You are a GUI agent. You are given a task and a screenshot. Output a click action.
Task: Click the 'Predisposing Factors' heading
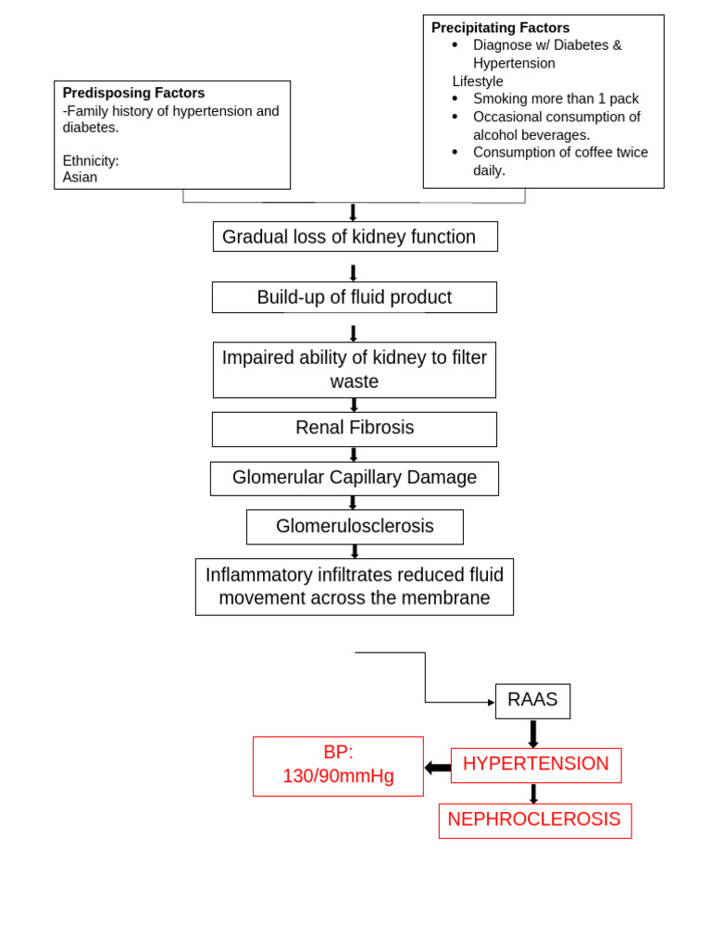click(x=133, y=94)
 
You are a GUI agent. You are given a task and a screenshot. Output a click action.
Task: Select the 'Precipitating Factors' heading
click(x=500, y=28)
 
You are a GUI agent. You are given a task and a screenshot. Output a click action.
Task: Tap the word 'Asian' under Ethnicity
click(x=80, y=177)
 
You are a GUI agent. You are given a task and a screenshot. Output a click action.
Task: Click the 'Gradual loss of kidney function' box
click(x=355, y=237)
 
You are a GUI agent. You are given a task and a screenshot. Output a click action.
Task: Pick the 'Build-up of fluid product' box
click(x=354, y=297)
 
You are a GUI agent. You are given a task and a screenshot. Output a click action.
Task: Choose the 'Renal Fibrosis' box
click(x=354, y=429)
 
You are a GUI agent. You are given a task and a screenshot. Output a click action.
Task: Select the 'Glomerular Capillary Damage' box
click(x=354, y=478)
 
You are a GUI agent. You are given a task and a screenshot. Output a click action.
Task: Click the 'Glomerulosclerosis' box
click(x=354, y=527)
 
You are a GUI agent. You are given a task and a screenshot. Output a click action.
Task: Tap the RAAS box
click(x=532, y=701)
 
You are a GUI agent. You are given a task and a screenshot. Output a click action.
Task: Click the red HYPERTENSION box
click(x=535, y=765)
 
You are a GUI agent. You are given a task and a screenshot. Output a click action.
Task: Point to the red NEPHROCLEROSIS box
click(x=534, y=820)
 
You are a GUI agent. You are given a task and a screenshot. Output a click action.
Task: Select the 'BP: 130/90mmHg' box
click(x=338, y=766)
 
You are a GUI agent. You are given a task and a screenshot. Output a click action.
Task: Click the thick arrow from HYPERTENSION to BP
click(x=438, y=767)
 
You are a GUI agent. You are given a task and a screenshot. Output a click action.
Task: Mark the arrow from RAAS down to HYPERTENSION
click(x=533, y=733)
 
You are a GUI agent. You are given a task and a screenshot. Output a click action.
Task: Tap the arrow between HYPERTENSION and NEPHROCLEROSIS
click(x=533, y=793)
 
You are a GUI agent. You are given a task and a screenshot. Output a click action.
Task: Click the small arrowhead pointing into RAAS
click(x=491, y=703)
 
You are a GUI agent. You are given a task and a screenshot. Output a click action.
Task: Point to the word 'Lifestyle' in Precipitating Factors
click(x=478, y=81)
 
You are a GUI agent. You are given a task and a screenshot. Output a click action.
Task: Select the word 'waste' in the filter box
click(x=354, y=382)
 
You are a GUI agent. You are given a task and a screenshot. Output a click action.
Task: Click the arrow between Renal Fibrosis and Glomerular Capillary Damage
click(x=353, y=454)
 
